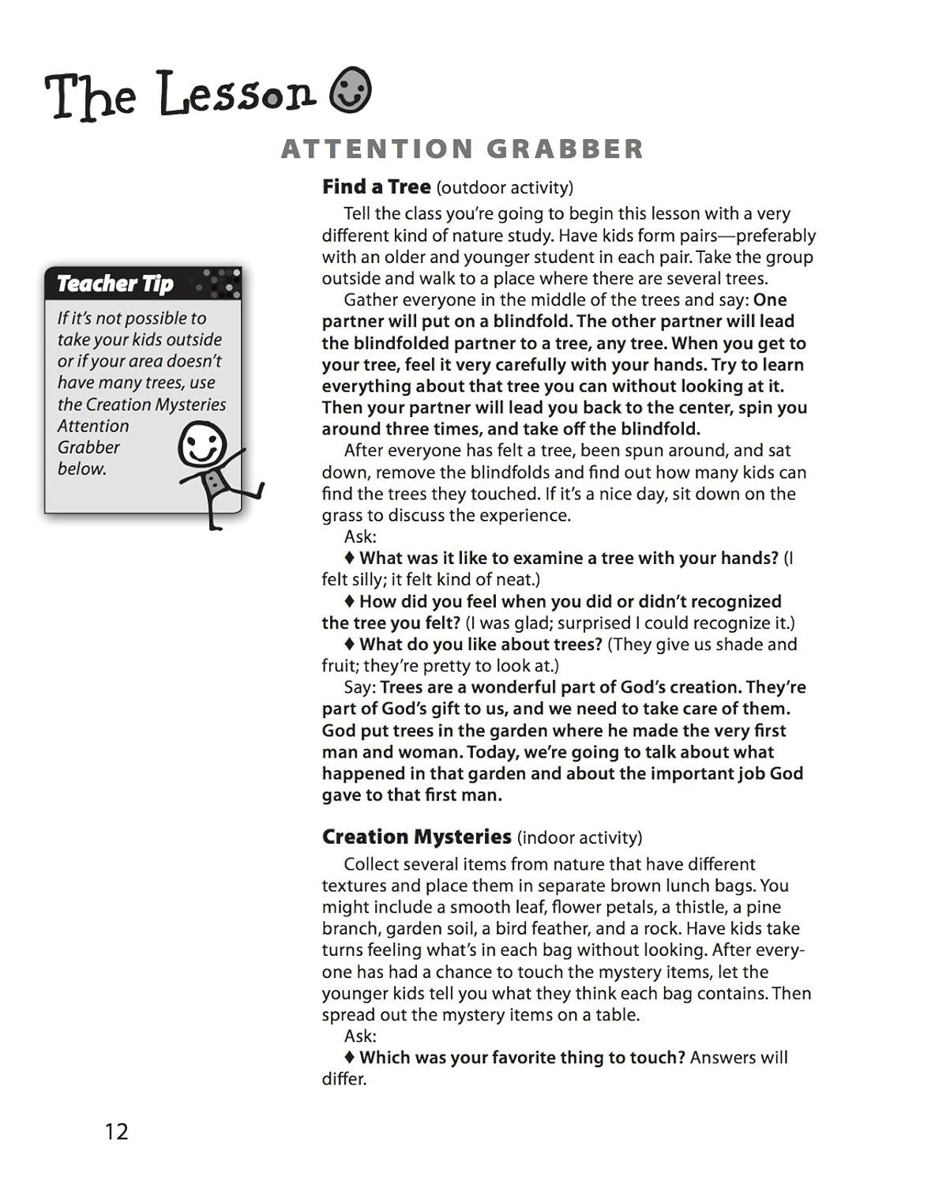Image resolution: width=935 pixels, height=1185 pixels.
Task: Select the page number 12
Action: pos(116,1131)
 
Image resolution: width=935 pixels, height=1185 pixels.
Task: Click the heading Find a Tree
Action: pos(376,187)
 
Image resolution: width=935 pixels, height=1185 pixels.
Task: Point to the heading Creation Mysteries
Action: pos(416,837)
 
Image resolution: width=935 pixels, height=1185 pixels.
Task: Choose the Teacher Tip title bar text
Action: pos(115,283)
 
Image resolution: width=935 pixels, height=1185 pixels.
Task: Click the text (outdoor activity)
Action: pos(505,188)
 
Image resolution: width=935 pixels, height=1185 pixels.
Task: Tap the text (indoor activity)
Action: pos(580,837)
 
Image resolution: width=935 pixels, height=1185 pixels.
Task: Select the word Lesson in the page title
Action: pos(238,96)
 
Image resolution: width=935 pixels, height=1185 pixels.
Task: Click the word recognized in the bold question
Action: pos(732,601)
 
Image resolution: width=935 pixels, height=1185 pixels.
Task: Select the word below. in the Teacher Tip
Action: pos(82,468)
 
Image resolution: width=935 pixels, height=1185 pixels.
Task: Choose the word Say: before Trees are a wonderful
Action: pos(360,687)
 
